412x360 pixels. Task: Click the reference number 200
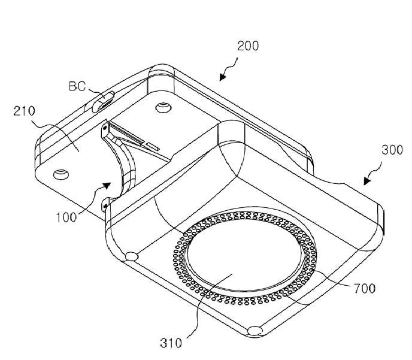[248, 46]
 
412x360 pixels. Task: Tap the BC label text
[77, 86]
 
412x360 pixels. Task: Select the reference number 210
[24, 111]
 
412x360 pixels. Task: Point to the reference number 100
[66, 217]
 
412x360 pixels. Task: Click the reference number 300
[392, 150]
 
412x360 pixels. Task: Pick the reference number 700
[365, 289]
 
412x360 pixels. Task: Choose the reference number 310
[171, 343]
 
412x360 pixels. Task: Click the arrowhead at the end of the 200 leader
[222, 77]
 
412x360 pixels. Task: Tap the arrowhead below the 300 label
[367, 181]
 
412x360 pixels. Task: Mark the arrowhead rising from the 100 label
[107, 185]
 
